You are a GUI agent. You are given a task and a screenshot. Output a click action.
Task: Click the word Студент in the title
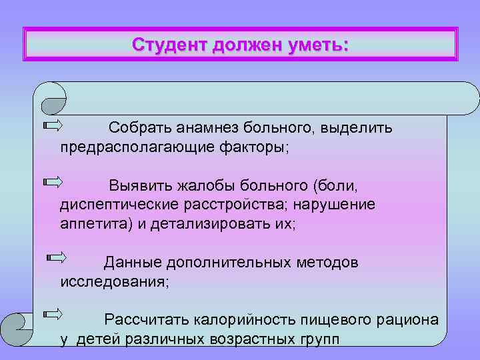coord(169,45)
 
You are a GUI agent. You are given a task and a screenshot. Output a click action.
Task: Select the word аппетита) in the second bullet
coord(96,224)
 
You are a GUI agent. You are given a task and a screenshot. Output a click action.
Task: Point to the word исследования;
coord(115,282)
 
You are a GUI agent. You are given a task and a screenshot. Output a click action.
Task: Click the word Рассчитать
coord(145,320)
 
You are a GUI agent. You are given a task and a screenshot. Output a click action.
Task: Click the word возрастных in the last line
coord(237,339)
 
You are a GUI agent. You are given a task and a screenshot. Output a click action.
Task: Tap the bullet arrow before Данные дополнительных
coord(57,256)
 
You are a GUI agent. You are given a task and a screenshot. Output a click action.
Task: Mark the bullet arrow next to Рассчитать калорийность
coord(53,313)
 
